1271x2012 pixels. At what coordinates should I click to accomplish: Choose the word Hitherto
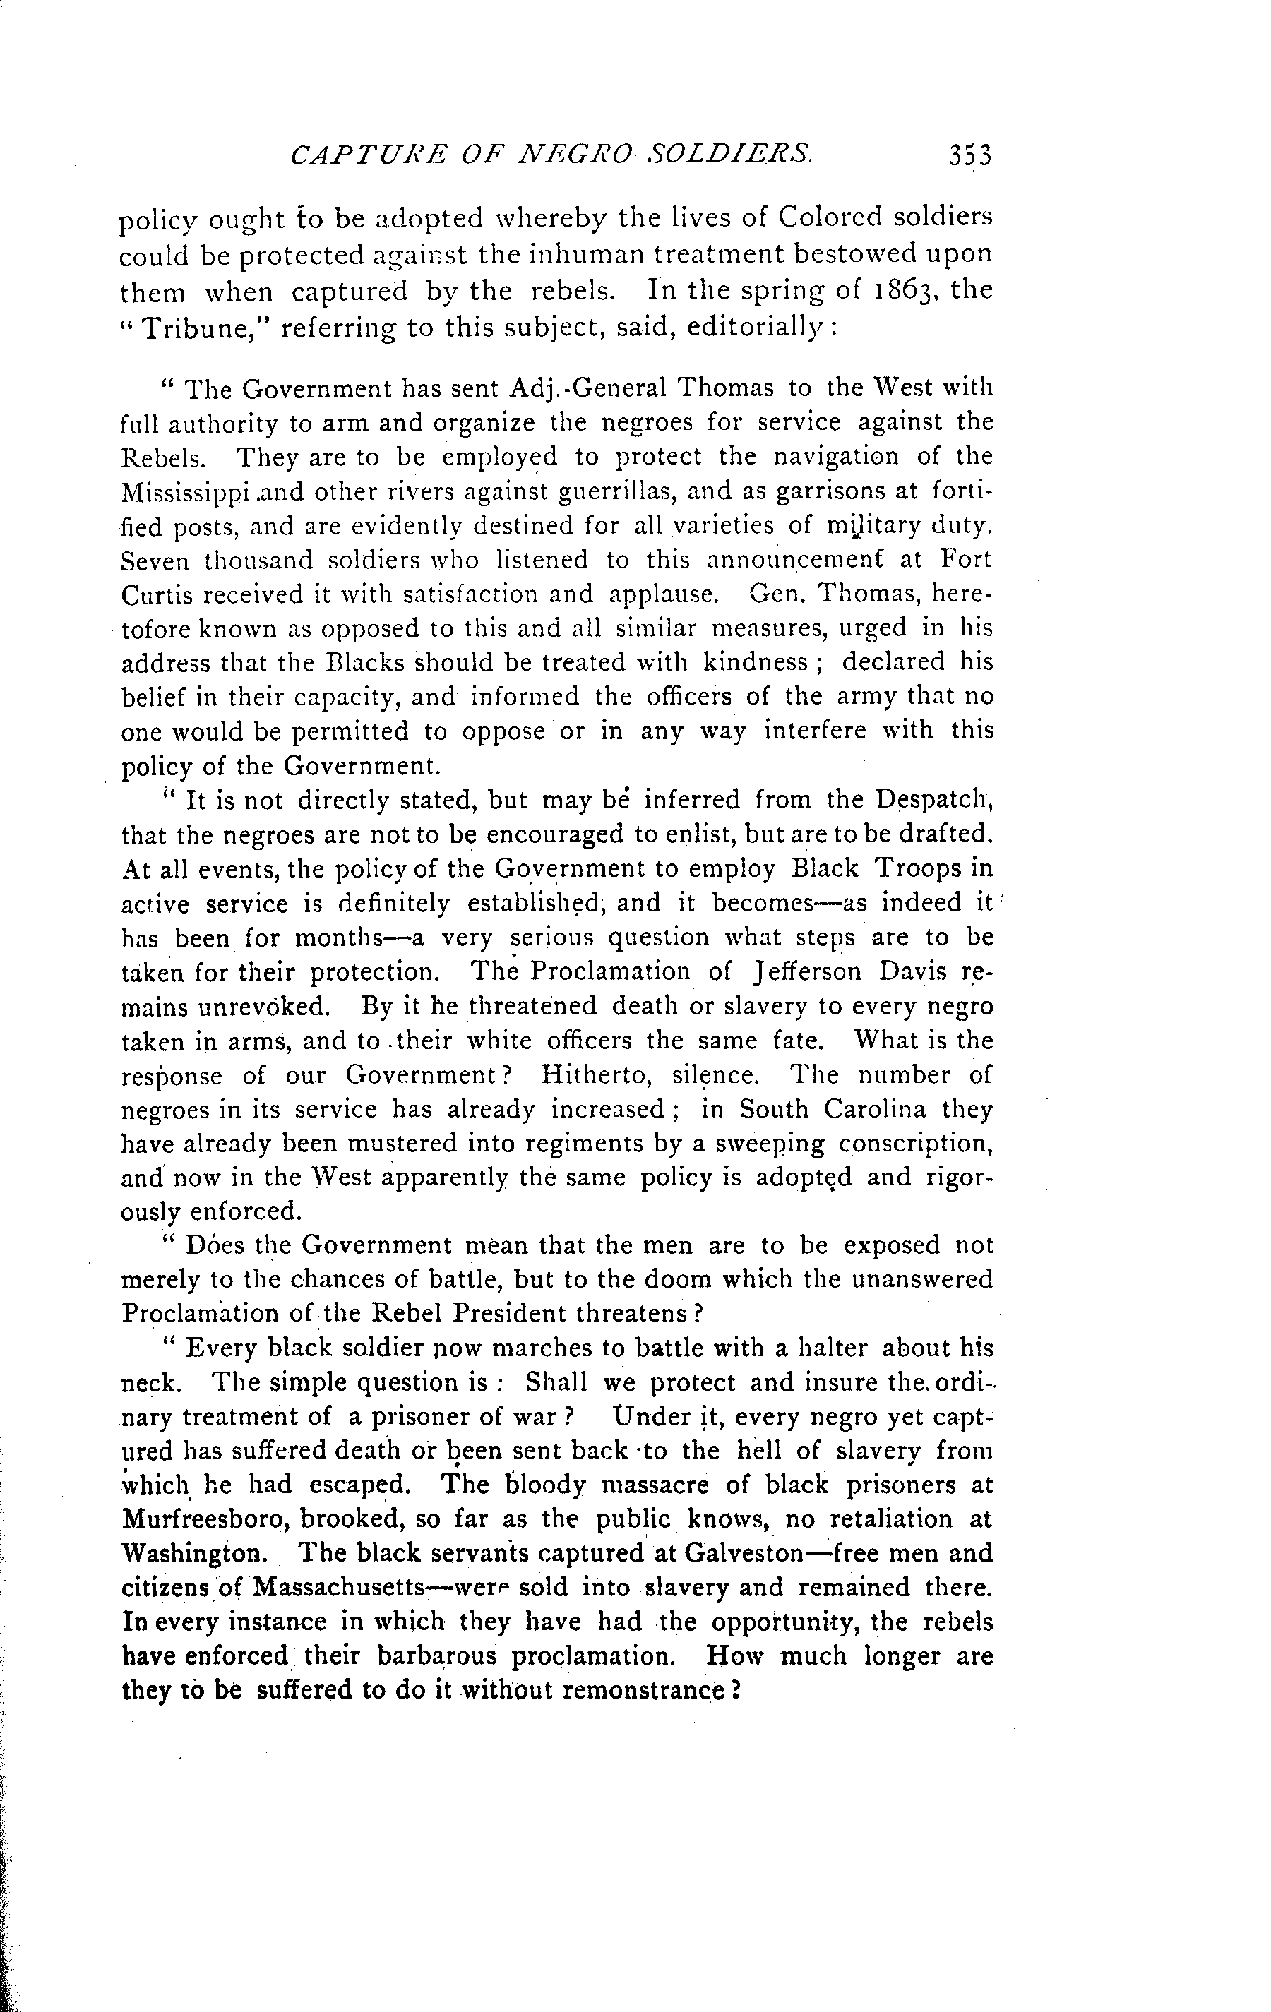pyautogui.click(x=594, y=1075)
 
